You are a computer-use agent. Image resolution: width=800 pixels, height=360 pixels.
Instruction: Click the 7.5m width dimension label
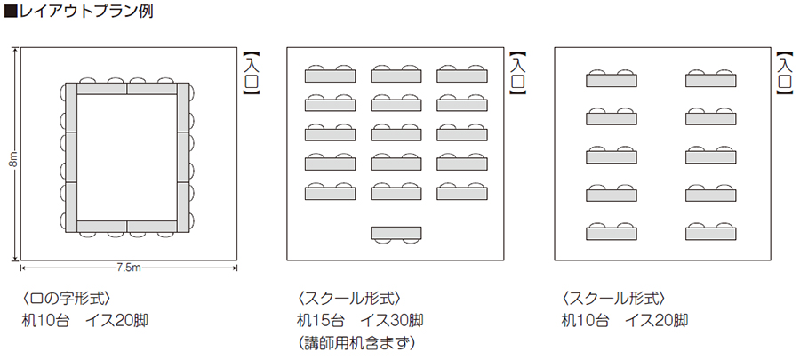click(x=128, y=266)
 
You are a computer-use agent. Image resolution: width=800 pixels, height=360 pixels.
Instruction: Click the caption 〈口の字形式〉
click(x=67, y=297)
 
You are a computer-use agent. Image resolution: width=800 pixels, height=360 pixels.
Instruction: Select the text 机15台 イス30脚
click(x=359, y=319)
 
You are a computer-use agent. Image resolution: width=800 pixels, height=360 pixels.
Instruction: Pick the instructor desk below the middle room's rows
click(x=396, y=234)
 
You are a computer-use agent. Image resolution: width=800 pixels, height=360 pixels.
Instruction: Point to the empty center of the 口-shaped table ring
click(x=128, y=156)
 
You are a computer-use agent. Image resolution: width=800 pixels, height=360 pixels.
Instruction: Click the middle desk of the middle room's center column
click(x=396, y=133)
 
